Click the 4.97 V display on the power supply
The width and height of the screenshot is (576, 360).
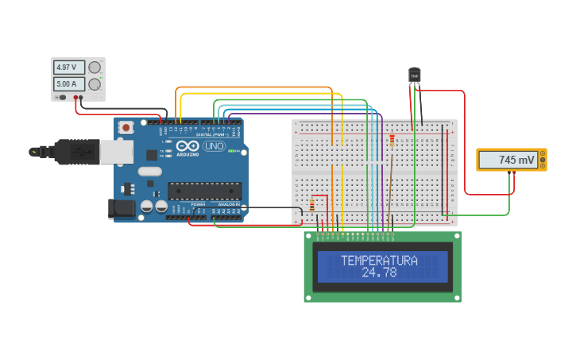click(69, 68)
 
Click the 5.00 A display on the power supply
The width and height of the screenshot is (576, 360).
click(69, 83)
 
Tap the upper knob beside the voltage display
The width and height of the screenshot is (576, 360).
click(95, 68)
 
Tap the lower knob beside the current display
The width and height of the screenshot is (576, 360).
click(95, 84)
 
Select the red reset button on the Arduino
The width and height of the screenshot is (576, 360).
click(126, 127)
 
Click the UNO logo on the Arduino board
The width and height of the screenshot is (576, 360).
click(214, 146)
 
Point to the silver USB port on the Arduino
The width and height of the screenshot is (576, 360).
click(116, 152)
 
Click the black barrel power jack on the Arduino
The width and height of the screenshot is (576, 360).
click(119, 208)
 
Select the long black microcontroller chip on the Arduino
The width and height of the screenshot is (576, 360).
click(204, 191)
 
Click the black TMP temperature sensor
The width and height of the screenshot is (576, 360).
click(414, 75)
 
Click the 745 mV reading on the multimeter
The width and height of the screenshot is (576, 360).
click(509, 160)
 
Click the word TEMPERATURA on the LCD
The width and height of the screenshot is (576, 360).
click(379, 261)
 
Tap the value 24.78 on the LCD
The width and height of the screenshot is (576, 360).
click(379, 273)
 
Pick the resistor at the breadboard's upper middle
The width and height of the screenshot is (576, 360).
click(392, 141)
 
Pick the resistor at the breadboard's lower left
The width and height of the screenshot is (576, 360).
click(311, 206)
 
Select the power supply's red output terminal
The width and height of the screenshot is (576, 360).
click(76, 98)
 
